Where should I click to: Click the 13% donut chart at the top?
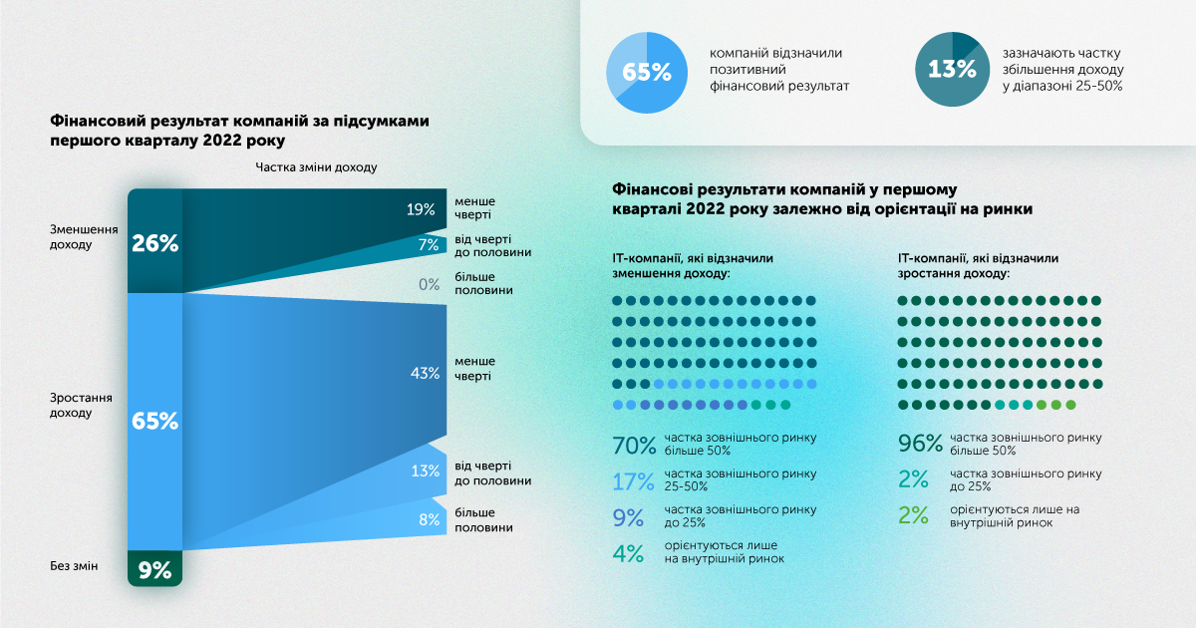click(x=952, y=70)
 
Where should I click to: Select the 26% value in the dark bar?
click(x=154, y=242)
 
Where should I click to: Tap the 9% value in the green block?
click(x=154, y=570)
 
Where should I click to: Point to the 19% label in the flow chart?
click(x=421, y=209)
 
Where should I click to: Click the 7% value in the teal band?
click(x=429, y=244)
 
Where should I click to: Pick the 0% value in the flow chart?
click(x=429, y=284)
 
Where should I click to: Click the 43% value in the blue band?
click(x=425, y=373)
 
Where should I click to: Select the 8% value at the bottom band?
click(x=429, y=518)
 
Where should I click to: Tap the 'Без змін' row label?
click(x=75, y=566)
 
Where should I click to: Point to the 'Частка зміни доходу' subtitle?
click(x=316, y=167)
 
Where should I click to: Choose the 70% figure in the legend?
click(x=634, y=445)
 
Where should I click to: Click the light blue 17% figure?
click(x=634, y=481)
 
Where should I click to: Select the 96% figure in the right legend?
click(x=920, y=445)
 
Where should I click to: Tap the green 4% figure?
click(x=629, y=553)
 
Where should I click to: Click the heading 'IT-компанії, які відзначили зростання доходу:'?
click(x=978, y=265)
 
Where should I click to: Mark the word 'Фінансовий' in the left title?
click(x=95, y=120)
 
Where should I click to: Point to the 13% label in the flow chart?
click(x=424, y=471)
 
